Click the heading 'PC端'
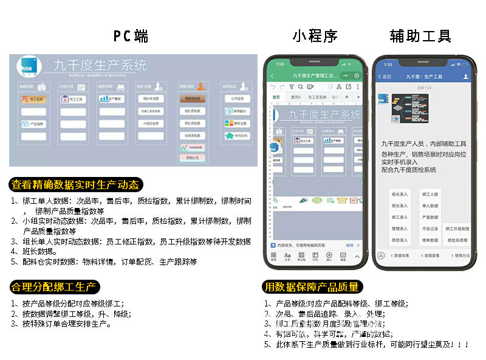point(131,36)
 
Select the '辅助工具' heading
point(420,36)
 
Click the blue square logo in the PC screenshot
point(28,66)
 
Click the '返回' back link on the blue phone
point(385,77)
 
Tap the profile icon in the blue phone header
point(466,77)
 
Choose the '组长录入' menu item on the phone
point(400,194)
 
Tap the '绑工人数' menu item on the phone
point(431,194)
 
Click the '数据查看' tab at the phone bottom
point(431,255)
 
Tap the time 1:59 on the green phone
point(280,64)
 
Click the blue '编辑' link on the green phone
point(349,245)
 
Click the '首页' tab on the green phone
point(276,97)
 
